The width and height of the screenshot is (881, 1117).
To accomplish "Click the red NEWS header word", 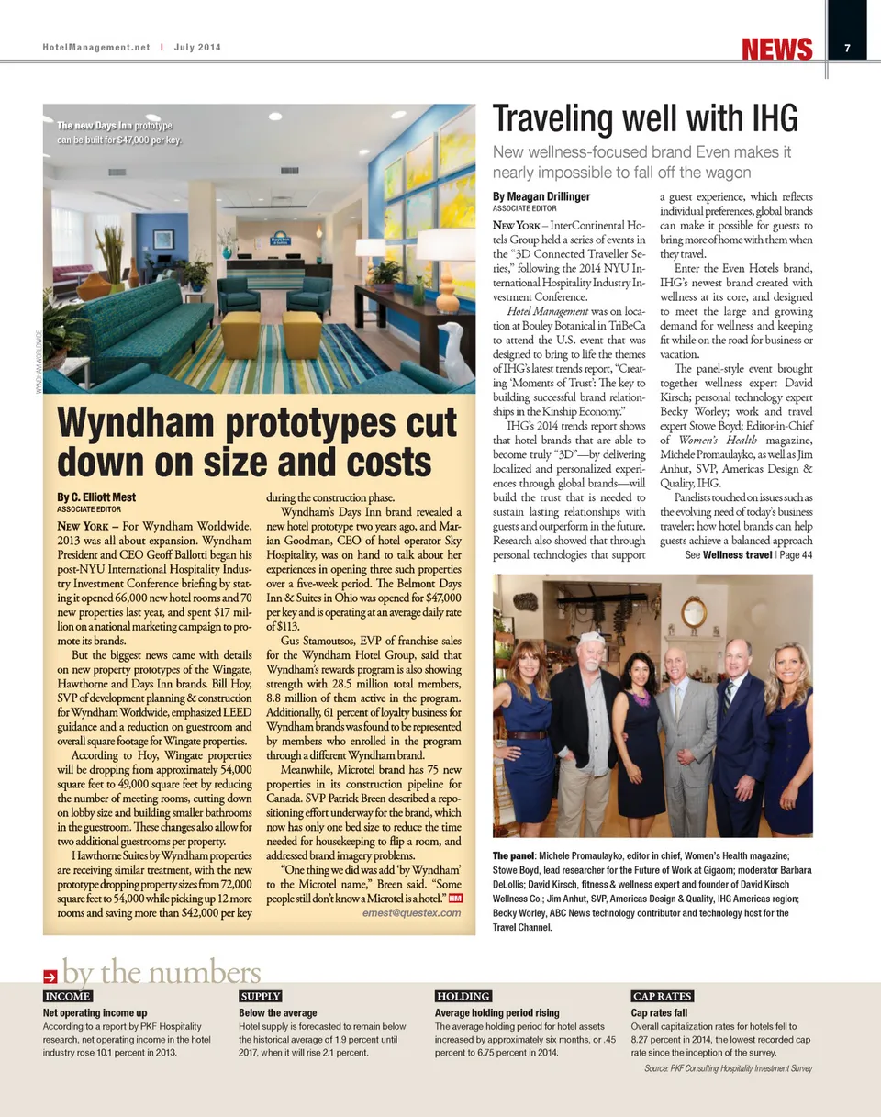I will [777, 49].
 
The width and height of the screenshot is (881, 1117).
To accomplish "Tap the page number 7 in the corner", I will [847, 49].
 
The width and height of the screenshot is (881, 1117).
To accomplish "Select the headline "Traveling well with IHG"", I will [645, 119].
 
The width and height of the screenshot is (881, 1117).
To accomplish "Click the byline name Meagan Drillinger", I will [541, 196].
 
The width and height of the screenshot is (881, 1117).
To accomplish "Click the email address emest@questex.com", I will [411, 913].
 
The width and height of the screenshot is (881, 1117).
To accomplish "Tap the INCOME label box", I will [68, 996].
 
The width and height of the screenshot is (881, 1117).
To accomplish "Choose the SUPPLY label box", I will [260, 996].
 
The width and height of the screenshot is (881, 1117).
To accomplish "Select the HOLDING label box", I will [463, 996].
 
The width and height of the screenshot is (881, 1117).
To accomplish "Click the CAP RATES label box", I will [663, 996].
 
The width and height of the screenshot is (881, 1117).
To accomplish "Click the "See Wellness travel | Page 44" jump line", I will [748, 554].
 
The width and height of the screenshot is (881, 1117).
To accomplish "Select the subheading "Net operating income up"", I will [95, 1012].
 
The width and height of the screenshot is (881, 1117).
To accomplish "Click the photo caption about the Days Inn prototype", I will [119, 132].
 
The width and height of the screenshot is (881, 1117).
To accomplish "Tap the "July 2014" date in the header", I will [195, 48].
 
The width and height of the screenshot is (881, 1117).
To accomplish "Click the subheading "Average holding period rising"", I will [496, 1012].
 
